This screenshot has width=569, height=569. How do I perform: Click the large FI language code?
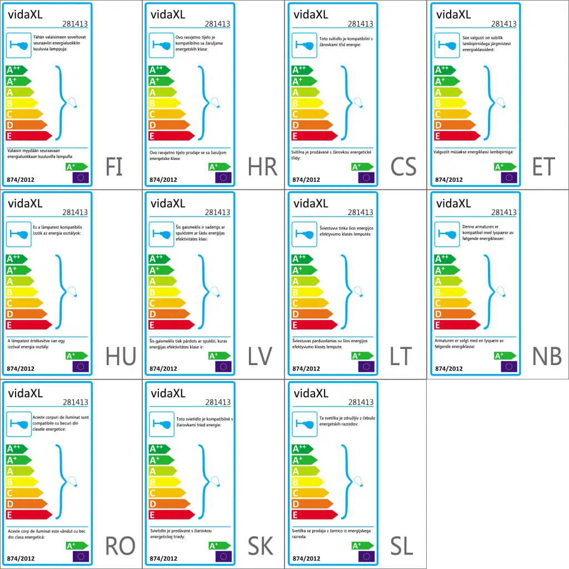[114, 166]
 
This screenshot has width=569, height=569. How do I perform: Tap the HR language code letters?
[263, 166]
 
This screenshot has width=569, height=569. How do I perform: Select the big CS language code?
[403, 166]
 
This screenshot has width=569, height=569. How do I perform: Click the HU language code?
[121, 356]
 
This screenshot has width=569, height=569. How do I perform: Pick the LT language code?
[402, 356]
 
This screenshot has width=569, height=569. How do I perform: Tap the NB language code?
[547, 356]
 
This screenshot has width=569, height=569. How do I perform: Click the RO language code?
[120, 546]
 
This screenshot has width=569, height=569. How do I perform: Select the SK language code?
[259, 546]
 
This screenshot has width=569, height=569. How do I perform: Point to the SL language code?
[401, 546]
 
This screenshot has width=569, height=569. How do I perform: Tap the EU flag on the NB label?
[509, 366]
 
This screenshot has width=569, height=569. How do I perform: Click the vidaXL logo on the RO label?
[24, 394]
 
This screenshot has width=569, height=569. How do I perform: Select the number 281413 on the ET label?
[504, 24]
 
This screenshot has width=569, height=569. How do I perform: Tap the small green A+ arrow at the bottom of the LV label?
[219, 356]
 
